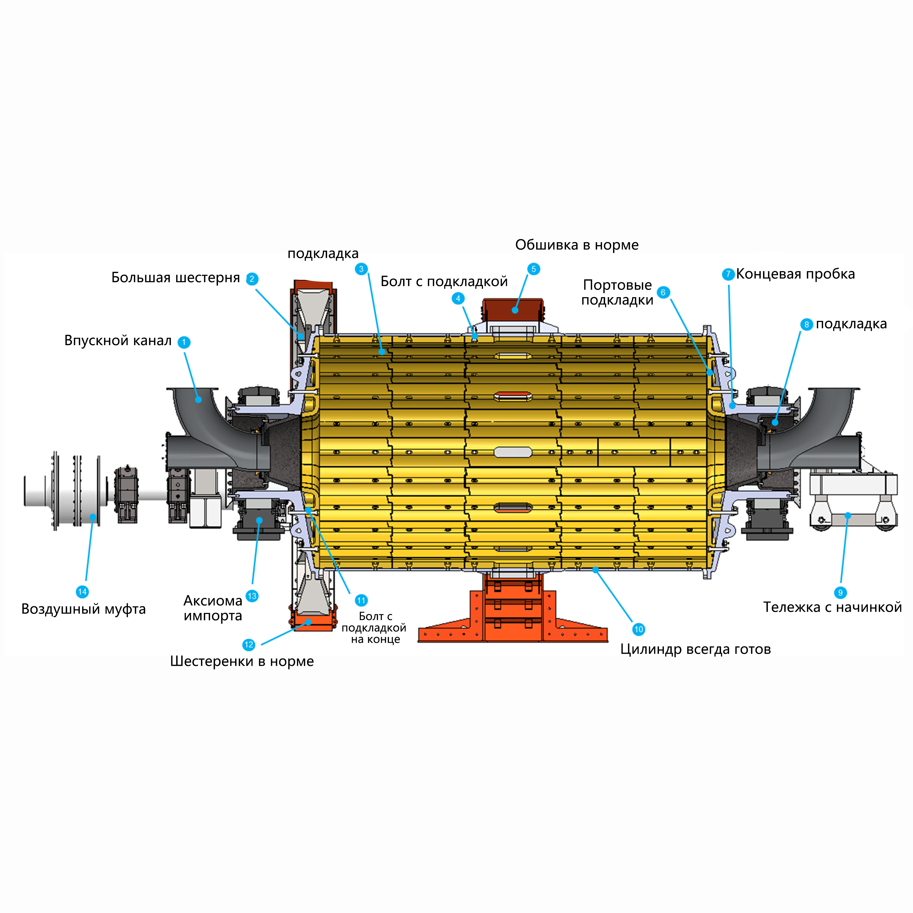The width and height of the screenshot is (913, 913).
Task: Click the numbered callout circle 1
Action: pos(184,342)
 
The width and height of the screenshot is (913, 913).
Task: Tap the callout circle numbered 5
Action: pos(533,269)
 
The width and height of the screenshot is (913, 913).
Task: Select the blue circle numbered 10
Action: pos(638,629)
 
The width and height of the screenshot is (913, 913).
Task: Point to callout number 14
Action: pos(82,592)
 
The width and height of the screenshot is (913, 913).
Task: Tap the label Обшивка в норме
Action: pos(577,245)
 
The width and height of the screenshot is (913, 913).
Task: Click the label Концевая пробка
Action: pos(795,274)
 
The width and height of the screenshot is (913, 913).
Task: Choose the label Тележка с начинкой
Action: pos(832,607)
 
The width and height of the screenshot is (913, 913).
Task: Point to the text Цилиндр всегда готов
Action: pos(695,649)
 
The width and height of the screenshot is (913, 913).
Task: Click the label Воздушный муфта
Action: pos(83,609)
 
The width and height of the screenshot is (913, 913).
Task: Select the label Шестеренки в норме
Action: pos(241,661)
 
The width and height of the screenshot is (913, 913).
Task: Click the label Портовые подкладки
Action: pos(617,293)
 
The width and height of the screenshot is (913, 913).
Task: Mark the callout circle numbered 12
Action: pos(249,645)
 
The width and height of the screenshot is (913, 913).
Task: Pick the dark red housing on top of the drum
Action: pos(513,310)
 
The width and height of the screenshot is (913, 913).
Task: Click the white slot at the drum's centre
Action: pos(513,452)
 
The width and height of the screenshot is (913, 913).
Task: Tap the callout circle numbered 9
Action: pos(840,593)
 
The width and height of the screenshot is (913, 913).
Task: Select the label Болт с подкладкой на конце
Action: pos(374,627)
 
